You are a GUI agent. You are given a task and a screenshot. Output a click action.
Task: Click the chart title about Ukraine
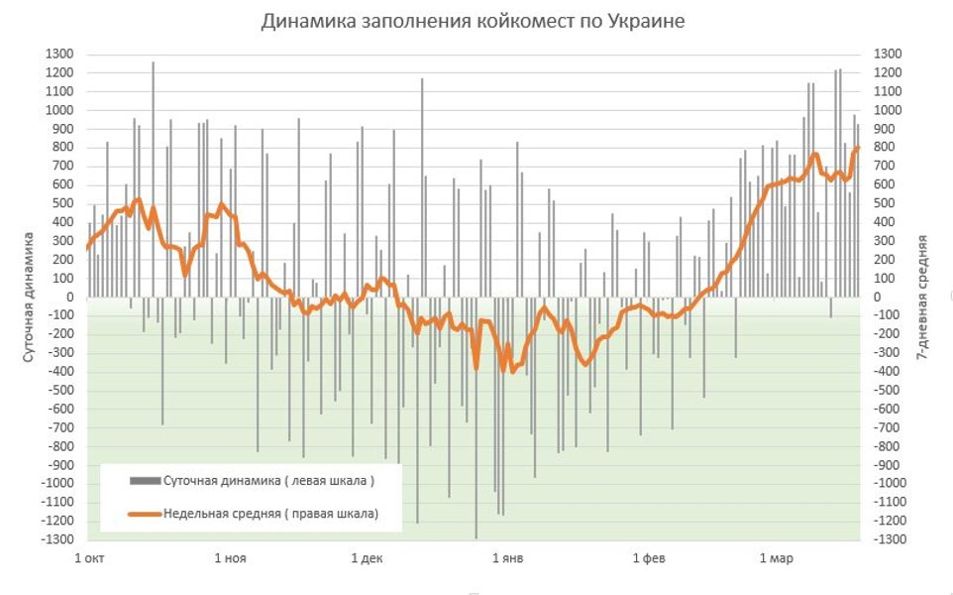[473, 21]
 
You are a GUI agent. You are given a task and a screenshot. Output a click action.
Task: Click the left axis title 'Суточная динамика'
[30, 297]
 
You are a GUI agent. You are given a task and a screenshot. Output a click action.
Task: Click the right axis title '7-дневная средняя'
[923, 297]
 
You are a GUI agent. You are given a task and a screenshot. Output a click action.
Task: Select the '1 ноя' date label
[230, 558]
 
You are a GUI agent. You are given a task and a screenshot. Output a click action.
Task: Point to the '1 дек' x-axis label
[367, 558]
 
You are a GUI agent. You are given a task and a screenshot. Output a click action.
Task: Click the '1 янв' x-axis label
[507, 558]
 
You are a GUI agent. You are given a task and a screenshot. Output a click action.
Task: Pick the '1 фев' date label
[649, 558]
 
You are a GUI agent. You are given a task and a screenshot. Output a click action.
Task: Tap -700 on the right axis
[888, 427]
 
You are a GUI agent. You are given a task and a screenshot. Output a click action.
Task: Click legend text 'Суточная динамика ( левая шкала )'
[268, 481]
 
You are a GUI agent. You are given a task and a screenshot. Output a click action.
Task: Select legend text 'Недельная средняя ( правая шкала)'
[270, 513]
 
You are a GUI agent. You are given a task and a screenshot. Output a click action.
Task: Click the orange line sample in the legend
[145, 514]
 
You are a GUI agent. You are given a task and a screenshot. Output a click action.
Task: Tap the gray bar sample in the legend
[145, 481]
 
